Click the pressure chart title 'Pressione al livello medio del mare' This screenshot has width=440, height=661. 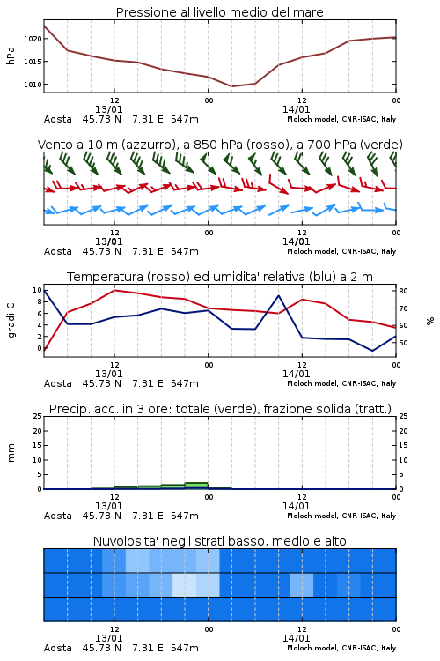[219, 12]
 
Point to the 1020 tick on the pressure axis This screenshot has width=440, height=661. [33, 39]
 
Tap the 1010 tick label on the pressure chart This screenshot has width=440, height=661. [33, 85]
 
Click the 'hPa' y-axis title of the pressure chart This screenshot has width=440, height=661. [11, 56]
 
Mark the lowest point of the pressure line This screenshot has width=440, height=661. [231, 86]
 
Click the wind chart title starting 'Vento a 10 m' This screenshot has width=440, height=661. [220, 145]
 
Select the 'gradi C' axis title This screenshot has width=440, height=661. [11, 321]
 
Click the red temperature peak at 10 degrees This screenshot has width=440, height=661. [114, 290]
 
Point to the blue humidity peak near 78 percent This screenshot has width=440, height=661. [279, 295]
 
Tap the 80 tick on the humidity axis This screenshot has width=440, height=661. [403, 291]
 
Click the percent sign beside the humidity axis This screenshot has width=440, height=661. [430, 321]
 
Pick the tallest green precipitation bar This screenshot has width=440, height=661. [196, 486]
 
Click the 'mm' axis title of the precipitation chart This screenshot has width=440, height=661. [11, 453]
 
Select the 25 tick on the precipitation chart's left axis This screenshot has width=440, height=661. [38, 416]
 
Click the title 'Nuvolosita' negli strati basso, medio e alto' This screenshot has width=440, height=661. [219, 541]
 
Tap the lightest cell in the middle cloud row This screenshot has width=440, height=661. [185, 584]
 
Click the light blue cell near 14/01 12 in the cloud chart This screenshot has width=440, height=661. [302, 584]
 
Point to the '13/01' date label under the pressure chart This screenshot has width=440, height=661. [108, 109]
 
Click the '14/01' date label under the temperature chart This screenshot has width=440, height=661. [296, 374]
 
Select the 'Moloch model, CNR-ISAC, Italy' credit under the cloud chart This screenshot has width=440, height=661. [341, 648]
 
